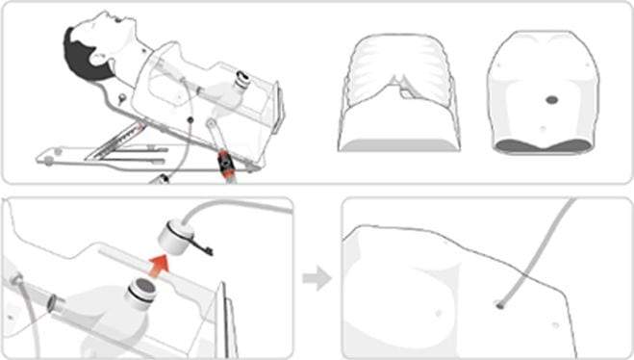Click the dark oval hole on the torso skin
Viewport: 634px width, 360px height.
pyautogui.click(x=550, y=98)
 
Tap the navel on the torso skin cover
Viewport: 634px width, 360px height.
pyautogui.click(x=543, y=126)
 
